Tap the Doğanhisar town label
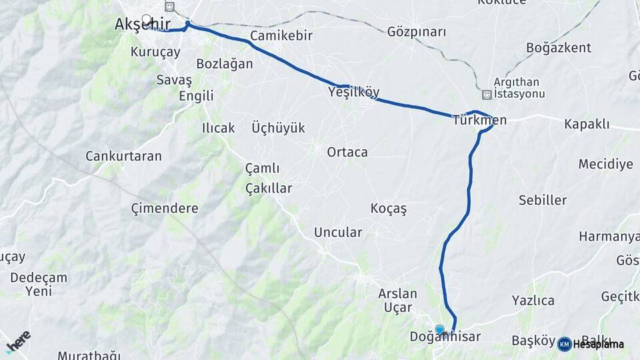(445, 337)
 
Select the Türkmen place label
(479, 121)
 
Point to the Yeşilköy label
(354, 93)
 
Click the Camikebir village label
(281, 36)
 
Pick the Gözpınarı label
(417, 32)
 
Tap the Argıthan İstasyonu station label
(519, 88)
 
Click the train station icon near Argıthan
(487, 95)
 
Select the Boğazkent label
(558, 48)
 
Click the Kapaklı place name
(587, 124)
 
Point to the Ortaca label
(347, 152)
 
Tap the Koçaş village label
(388, 209)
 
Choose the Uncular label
(337, 233)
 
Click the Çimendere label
(165, 208)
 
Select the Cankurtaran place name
(123, 156)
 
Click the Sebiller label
(543, 200)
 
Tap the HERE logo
(18, 341)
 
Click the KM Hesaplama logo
(591, 344)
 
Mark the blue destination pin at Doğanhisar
(439, 329)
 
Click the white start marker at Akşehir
(146, 19)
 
